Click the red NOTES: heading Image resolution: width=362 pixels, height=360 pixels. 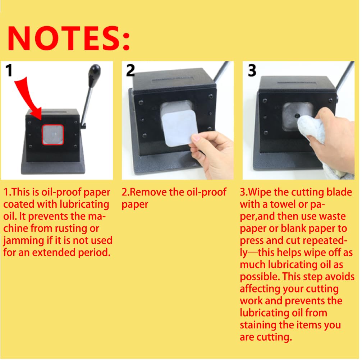pyautogui.click(x=69, y=38)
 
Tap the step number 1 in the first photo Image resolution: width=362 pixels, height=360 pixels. pyautogui.click(x=9, y=70)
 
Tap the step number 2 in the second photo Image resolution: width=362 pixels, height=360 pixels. pyautogui.click(x=130, y=70)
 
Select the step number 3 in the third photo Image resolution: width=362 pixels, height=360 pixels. pyautogui.click(x=252, y=71)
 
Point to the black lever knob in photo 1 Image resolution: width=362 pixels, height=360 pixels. pyautogui.click(x=95, y=71)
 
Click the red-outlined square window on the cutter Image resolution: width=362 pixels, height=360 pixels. pyautogui.click(x=53, y=135)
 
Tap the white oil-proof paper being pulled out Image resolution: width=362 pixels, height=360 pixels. pyautogui.click(x=179, y=128)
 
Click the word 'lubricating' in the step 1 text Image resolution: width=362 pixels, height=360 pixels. pyautogui.click(x=84, y=204)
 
